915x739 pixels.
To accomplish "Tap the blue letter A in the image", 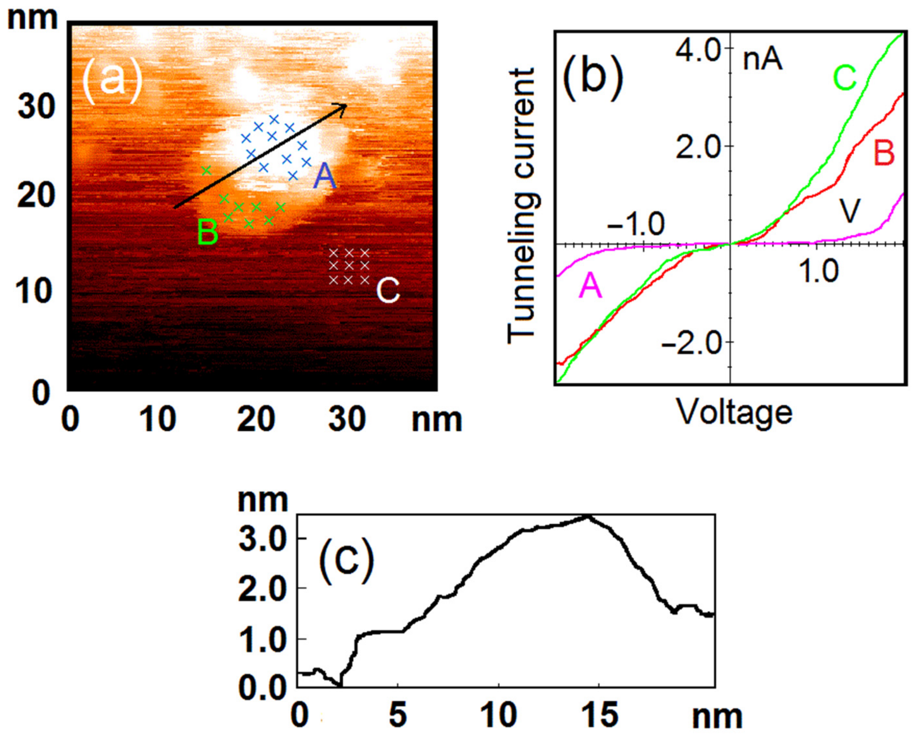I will coord(325,177).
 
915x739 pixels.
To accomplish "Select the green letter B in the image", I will coord(208,232).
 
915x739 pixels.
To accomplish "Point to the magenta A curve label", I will coord(591,285).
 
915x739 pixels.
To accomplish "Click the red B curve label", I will coord(884,153).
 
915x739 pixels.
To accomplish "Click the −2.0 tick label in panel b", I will coord(690,342).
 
